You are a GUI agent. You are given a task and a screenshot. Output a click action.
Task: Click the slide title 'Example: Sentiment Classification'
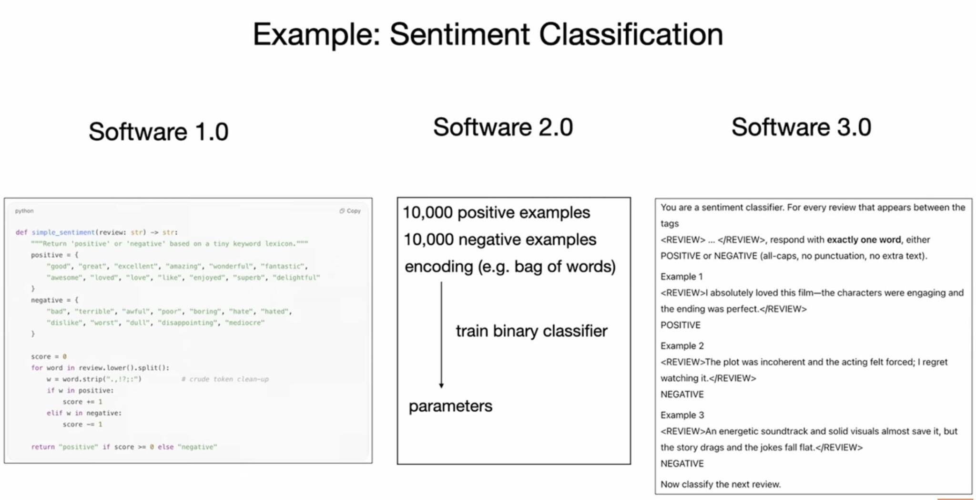click(488, 35)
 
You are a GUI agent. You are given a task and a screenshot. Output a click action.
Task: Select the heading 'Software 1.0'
click(159, 132)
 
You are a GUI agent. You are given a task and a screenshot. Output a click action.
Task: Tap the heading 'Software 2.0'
click(503, 127)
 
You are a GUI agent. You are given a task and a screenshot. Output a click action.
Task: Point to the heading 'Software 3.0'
click(801, 127)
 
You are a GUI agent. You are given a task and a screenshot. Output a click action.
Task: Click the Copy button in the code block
click(350, 211)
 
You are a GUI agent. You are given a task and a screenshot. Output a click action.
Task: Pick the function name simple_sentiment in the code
click(63, 232)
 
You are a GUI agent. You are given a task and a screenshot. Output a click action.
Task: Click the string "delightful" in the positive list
click(296, 278)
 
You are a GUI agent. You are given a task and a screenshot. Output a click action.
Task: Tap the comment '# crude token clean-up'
click(225, 379)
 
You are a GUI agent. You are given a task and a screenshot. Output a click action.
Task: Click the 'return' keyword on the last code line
click(43, 447)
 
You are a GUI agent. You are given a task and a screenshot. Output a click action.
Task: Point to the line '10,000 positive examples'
click(496, 213)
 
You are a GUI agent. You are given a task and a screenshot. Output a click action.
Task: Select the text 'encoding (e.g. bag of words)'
click(510, 267)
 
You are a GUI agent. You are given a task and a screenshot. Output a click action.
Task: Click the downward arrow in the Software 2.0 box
click(441, 334)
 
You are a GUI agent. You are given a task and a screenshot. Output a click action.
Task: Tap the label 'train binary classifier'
click(531, 331)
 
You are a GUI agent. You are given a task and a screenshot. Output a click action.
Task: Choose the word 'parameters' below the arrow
click(450, 406)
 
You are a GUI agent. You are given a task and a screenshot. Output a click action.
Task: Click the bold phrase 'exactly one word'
click(864, 240)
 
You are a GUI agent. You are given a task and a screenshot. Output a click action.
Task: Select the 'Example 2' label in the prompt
click(682, 346)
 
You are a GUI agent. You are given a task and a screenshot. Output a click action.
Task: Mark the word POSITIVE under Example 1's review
click(680, 325)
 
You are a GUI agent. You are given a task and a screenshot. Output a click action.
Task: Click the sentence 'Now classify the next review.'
click(721, 485)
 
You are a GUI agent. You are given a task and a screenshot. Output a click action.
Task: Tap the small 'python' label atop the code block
click(24, 211)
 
